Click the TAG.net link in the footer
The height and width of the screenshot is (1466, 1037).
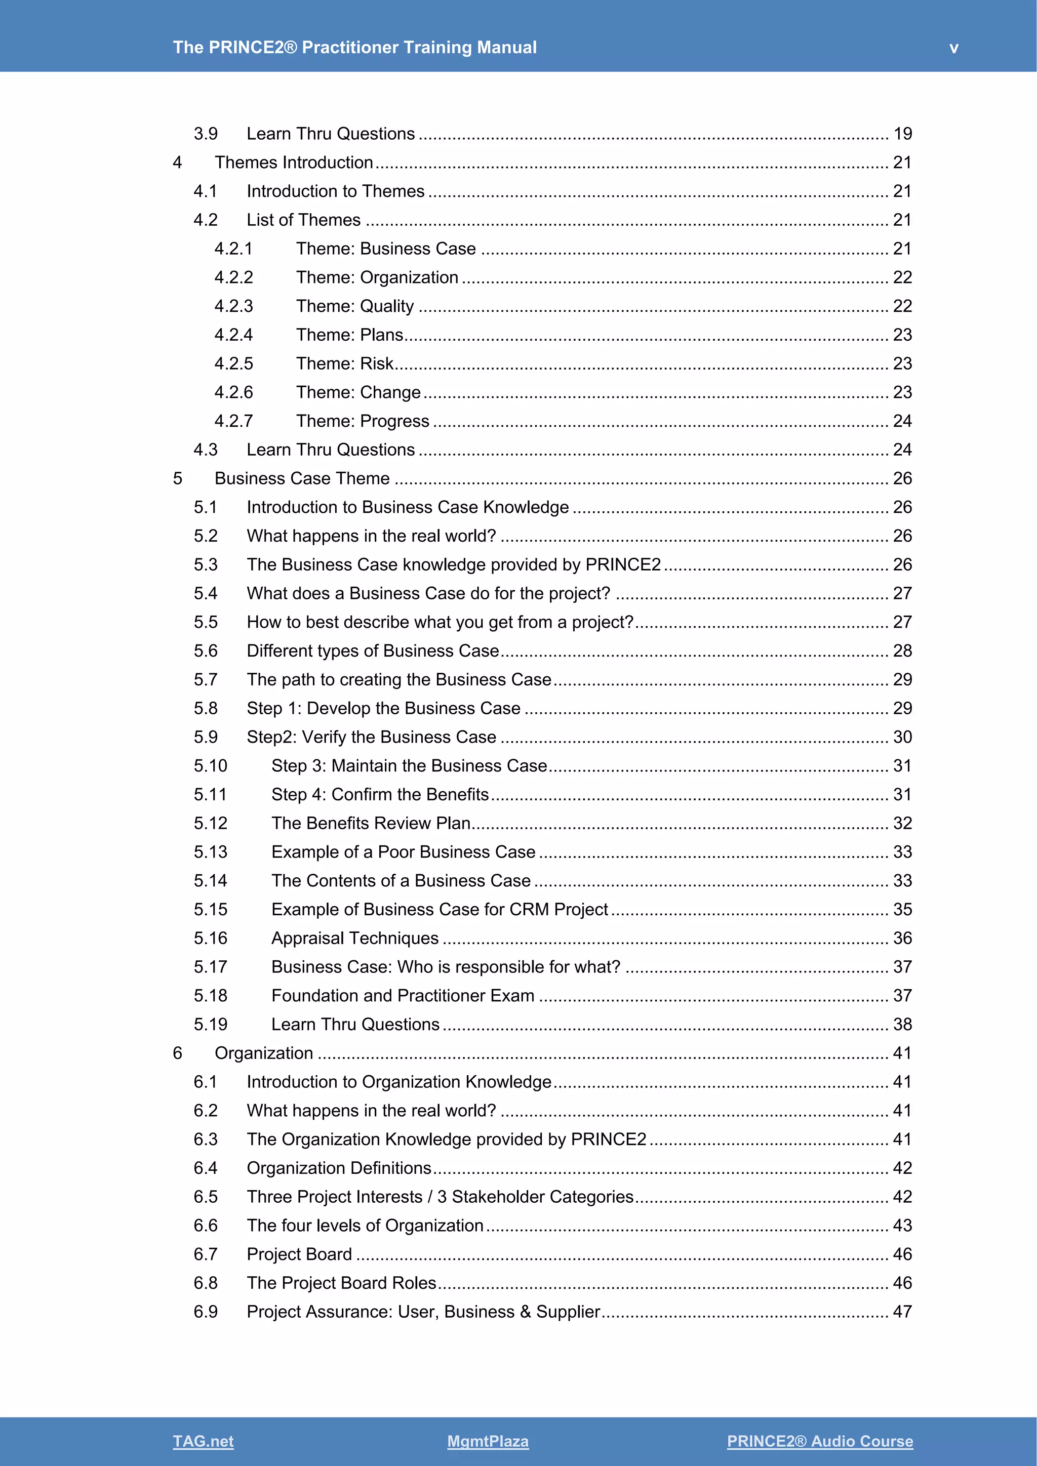pyautogui.click(x=203, y=1441)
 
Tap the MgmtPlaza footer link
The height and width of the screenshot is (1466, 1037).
pyautogui.click(x=488, y=1441)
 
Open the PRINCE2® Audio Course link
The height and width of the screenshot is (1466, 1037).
pyautogui.click(x=819, y=1441)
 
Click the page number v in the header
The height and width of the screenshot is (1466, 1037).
pyautogui.click(x=953, y=48)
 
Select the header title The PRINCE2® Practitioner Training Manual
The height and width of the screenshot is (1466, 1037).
pyautogui.click(x=354, y=47)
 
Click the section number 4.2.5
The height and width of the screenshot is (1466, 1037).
pyautogui.click(x=234, y=363)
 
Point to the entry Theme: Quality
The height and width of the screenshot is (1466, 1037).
pyautogui.click(x=354, y=306)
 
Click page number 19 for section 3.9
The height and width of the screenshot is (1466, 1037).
pyautogui.click(x=902, y=134)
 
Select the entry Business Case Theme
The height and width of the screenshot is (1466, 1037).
pyautogui.click(x=301, y=478)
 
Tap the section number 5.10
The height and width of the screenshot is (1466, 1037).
pyautogui.click(x=210, y=765)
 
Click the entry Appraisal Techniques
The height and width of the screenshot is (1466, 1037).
pyautogui.click(x=354, y=938)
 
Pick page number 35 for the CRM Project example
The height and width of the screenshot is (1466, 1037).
pyautogui.click(x=902, y=909)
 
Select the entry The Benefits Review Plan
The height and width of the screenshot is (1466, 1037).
pyautogui.click(x=370, y=823)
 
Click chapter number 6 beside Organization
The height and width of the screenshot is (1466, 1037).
pyautogui.click(x=178, y=1053)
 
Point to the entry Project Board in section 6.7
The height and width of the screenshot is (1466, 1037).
pyautogui.click(x=299, y=1254)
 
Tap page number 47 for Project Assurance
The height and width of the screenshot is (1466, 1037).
pyautogui.click(x=902, y=1312)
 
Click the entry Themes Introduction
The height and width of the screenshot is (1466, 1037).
pyautogui.click(x=294, y=162)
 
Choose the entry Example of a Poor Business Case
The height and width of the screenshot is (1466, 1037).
pyautogui.click(x=403, y=852)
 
